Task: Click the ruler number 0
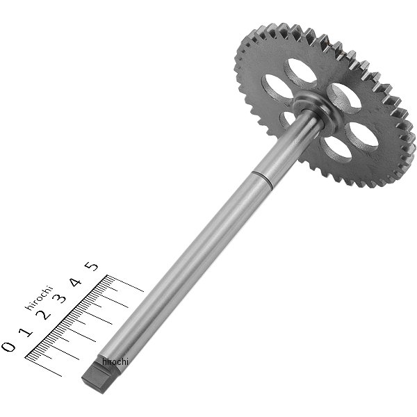[8, 347]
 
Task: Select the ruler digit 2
[44, 315]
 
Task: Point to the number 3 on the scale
[60, 298]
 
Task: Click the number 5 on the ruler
[91, 266]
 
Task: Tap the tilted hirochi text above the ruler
[39, 298]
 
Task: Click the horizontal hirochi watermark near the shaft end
[115, 361]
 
